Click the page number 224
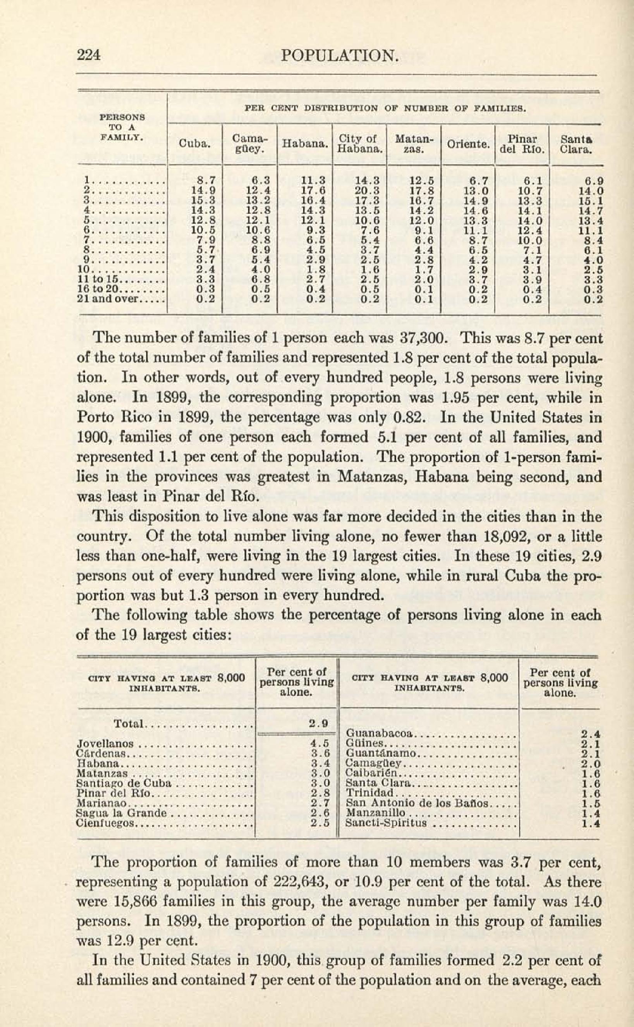[x=89, y=55]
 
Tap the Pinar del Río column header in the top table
[x=522, y=144]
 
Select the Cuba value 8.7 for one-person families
[x=206, y=181]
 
